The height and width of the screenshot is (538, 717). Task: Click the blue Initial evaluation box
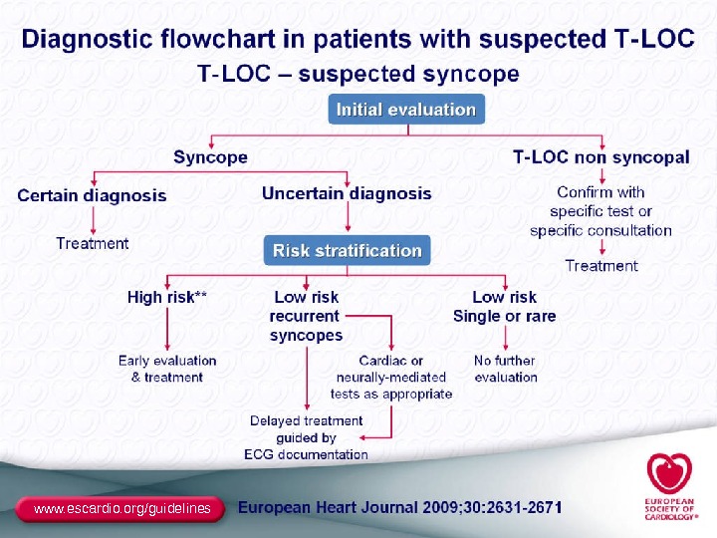[x=406, y=110]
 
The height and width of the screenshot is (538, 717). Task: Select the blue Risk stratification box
[x=348, y=250]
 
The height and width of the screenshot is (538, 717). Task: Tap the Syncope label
[x=210, y=157]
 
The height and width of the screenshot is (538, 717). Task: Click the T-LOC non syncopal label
[x=600, y=157]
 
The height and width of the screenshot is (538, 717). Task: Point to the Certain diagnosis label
[x=92, y=195]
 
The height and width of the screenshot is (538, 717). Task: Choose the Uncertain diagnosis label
[x=347, y=193]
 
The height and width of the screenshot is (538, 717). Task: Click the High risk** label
[x=167, y=297]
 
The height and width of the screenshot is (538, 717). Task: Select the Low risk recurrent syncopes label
[x=306, y=316]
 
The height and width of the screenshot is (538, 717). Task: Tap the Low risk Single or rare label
[x=504, y=306]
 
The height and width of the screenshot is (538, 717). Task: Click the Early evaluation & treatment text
[x=167, y=369]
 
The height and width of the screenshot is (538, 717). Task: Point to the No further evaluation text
[x=506, y=369]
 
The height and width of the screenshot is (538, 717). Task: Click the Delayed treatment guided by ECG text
[x=307, y=437]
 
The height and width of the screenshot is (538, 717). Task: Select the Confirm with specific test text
[x=600, y=211]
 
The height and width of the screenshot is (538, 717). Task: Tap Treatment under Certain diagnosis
[x=93, y=243]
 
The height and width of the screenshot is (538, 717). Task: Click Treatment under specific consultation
[x=601, y=265]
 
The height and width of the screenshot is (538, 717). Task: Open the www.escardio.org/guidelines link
[x=122, y=509]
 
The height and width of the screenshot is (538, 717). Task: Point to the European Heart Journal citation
[x=399, y=507]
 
